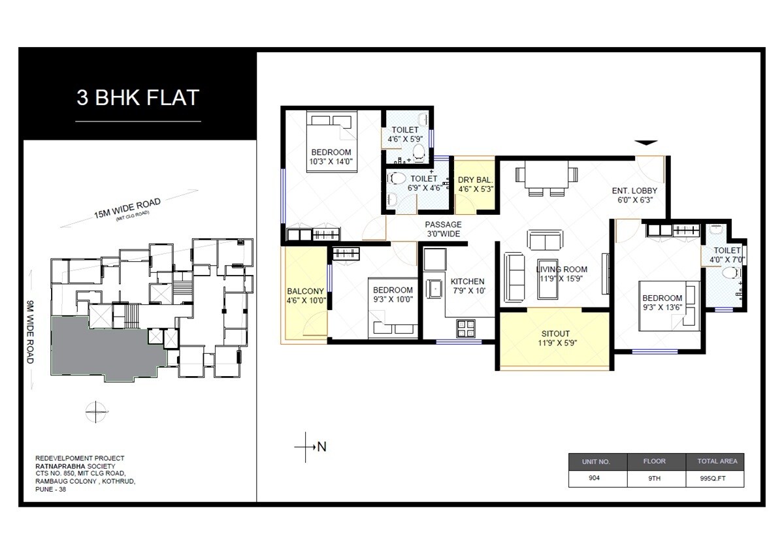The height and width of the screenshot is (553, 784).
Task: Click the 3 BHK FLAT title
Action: click(x=138, y=98)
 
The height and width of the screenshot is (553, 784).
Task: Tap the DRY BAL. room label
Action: click(x=475, y=180)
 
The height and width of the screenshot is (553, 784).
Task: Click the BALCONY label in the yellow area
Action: click(x=305, y=292)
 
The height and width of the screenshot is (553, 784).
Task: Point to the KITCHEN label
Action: click(x=467, y=281)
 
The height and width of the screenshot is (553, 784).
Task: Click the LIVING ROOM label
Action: click(x=561, y=269)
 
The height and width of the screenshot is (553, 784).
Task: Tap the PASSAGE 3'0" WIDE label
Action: click(x=443, y=224)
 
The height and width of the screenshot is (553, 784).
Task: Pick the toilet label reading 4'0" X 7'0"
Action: click(x=727, y=259)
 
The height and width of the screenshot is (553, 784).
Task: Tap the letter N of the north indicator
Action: click(x=321, y=447)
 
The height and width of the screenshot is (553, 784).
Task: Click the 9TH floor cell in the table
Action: click(x=654, y=478)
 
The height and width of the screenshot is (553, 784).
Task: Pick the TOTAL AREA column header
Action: click(x=717, y=461)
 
